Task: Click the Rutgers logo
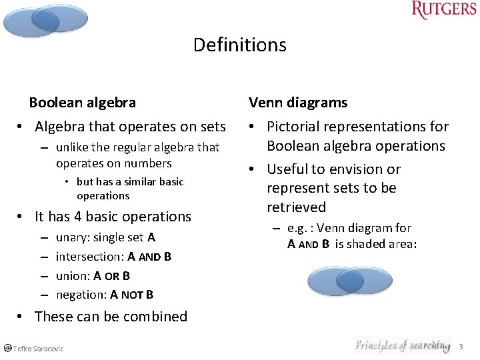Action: [443, 10]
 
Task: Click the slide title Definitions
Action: [239, 45]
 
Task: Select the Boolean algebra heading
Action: [82, 103]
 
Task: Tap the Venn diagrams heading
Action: [297, 103]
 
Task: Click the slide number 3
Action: [461, 347]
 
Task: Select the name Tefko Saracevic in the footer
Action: [38, 349]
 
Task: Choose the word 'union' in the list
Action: [71, 275]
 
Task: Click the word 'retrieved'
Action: [296, 207]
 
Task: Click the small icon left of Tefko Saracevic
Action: [7, 348]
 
